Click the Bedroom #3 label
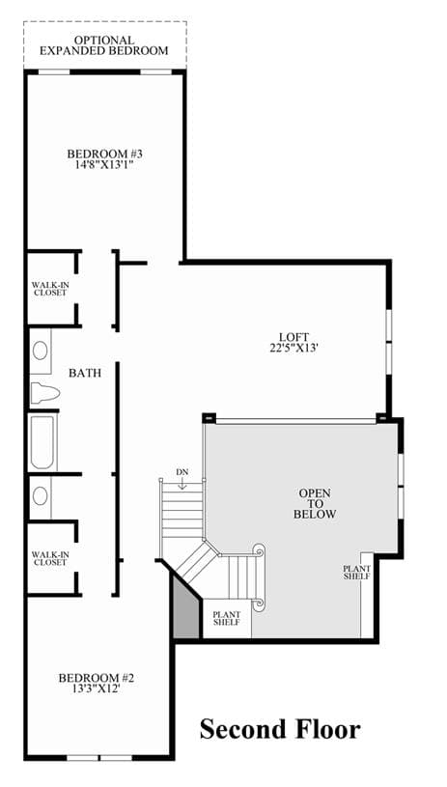click(x=101, y=154)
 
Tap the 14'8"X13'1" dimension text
click(x=102, y=163)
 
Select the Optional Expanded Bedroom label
click(x=104, y=45)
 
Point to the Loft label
click(x=294, y=337)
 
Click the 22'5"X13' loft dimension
click(x=294, y=348)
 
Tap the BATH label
click(x=85, y=373)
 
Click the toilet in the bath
click(x=44, y=392)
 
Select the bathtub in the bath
click(x=42, y=441)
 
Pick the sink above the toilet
click(x=41, y=351)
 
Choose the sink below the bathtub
click(x=41, y=496)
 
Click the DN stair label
click(x=182, y=472)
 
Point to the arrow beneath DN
click(x=182, y=484)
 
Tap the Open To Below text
click(x=315, y=504)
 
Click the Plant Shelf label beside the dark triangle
click(x=227, y=618)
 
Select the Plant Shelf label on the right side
click(x=356, y=573)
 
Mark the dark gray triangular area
click(x=184, y=610)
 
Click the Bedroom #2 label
click(x=97, y=679)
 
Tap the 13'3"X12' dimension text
click(x=97, y=689)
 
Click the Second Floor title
click(x=280, y=729)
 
